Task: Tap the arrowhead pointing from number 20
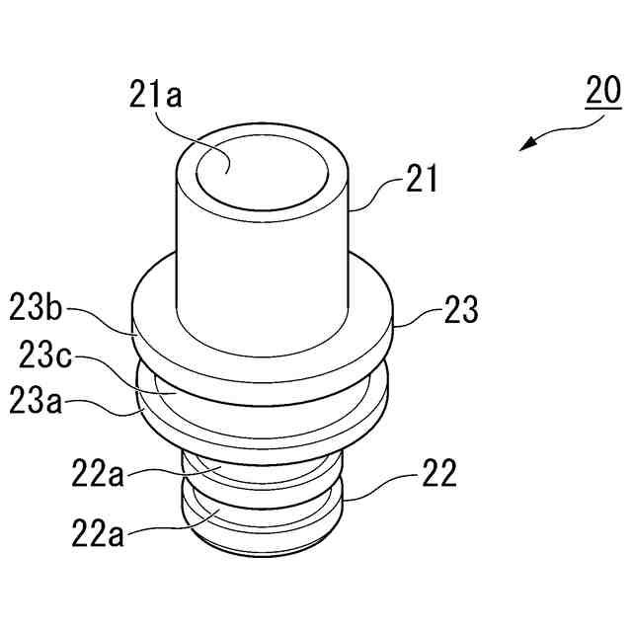tap(528, 146)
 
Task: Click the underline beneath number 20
tap(602, 107)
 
